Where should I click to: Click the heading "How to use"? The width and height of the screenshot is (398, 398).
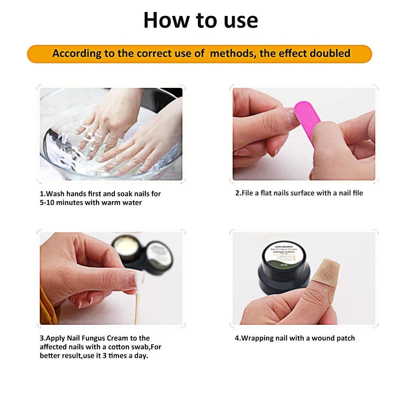(200, 20)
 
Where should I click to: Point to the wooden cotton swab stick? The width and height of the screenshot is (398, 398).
(137, 306)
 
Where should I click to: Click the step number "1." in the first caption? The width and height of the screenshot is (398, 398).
(43, 194)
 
